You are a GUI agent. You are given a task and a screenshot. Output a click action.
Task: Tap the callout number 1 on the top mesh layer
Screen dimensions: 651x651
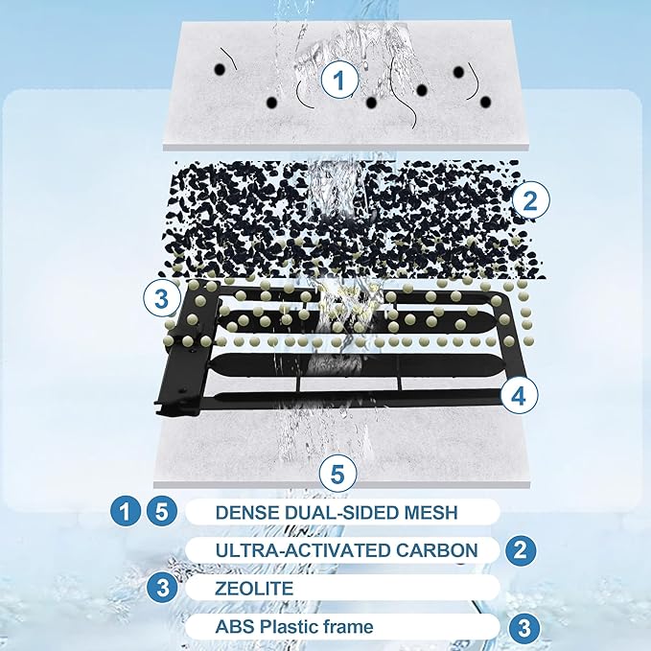pos(339,80)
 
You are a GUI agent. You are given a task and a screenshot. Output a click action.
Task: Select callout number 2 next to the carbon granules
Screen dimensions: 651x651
pos(530,200)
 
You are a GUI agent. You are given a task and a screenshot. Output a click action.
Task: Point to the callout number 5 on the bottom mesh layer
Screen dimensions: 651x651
pos(338,474)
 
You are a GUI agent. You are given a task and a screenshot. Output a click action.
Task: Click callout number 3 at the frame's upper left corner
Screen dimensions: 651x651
pos(162,298)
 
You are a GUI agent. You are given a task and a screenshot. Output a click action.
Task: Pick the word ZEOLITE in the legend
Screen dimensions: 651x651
pos(254,589)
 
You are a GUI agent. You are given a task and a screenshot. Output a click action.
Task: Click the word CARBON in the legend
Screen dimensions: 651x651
pos(436,550)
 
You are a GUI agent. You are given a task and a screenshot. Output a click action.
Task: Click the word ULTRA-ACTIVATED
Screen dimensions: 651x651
pos(303,550)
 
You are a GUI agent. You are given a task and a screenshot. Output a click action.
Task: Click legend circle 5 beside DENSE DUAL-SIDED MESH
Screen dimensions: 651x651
pos(161,512)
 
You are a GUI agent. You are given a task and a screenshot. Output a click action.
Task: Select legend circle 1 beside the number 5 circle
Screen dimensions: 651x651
pos(125,512)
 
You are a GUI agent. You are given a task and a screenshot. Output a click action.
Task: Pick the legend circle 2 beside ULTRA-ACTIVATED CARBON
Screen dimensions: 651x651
pos(521,550)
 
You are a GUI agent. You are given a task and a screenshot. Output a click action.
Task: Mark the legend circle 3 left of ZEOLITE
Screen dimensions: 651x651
pos(162,588)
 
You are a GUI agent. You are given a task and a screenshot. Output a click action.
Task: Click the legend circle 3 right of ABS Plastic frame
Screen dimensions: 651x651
pos(524,628)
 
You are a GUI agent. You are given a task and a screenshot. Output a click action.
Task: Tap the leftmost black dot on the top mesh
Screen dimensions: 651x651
pos(220,69)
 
